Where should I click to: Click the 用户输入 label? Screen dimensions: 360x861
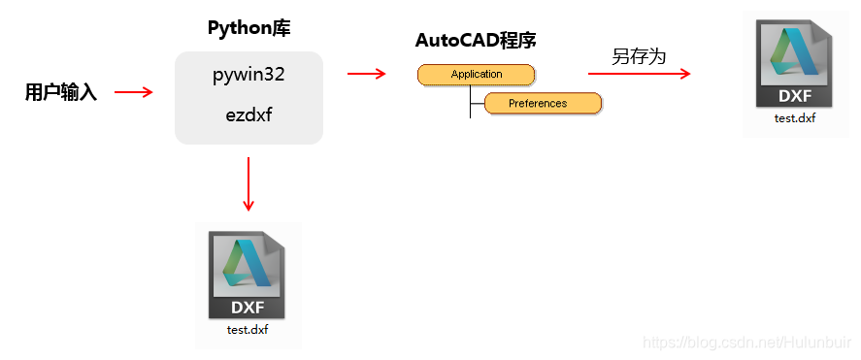(60, 93)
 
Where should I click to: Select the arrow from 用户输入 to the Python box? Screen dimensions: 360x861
(134, 92)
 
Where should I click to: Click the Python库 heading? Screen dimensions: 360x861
(248, 27)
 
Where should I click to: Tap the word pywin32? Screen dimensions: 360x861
(248, 75)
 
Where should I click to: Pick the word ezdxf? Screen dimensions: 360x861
(248, 115)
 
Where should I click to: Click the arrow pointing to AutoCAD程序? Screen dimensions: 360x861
(366, 72)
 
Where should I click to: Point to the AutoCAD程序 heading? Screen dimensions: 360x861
(476, 41)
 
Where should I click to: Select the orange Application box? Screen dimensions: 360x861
(476, 75)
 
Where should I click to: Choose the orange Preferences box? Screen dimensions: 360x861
(543, 103)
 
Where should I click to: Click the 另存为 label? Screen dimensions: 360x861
(639, 56)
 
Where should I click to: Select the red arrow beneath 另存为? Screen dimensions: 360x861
(639, 74)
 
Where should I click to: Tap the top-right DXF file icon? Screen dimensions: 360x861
(794, 64)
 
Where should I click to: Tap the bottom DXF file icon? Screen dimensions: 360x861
(248, 274)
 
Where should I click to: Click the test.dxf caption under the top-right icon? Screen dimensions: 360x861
(794, 118)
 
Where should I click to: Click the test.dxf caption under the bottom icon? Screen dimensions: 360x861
(248, 330)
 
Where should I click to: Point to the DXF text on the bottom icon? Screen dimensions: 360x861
(248, 308)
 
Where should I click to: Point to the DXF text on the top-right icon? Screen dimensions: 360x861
(794, 96)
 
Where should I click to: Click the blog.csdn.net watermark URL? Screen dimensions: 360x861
(747, 343)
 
